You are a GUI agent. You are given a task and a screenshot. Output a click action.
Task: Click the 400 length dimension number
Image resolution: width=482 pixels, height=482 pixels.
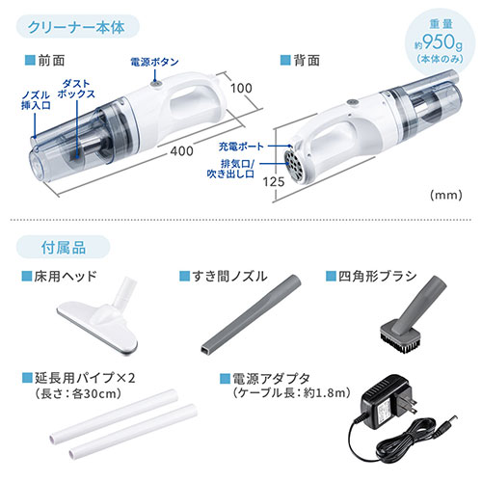pos(181,150)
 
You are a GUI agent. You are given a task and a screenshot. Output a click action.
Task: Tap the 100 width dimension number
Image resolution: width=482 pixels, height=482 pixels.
pos(241,88)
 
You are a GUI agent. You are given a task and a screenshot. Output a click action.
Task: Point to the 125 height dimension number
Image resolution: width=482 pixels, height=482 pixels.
pos(274,182)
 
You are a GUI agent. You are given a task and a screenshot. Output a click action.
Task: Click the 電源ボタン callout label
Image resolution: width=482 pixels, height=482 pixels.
pos(154,62)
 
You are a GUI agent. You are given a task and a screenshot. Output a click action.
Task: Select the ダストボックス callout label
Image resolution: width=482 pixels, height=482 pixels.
pos(76,89)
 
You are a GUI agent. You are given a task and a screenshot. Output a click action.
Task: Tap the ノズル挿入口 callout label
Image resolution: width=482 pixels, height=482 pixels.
pos(36,100)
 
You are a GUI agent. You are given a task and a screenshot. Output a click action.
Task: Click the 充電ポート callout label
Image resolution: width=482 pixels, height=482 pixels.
pos(241,147)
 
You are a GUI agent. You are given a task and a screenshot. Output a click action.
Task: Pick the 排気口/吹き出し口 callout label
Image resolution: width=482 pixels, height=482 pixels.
pos(230,169)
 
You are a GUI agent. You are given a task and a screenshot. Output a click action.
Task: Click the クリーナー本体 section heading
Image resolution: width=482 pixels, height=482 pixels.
pos(76,27)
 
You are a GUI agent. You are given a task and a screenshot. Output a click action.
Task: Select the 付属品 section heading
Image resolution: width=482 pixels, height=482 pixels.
pos(64,248)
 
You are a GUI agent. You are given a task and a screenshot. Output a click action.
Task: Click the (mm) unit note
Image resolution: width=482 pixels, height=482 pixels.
pos(446,195)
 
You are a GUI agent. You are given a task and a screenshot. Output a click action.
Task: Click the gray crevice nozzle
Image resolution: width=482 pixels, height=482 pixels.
pos(251,315)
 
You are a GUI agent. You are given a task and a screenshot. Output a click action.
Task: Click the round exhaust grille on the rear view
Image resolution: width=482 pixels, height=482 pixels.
pos(293,166)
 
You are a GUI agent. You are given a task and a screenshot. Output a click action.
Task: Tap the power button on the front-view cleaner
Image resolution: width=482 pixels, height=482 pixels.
pos(156,84)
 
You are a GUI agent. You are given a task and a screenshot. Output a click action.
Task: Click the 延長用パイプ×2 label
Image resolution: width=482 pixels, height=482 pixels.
pos(85,378)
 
